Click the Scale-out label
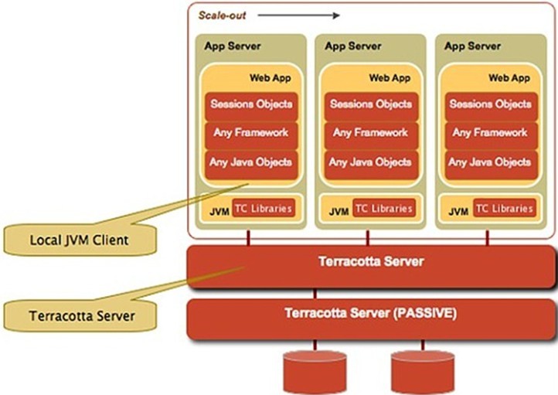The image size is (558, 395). (x=222, y=15)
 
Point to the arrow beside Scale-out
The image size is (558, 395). (x=298, y=15)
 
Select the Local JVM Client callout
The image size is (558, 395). (x=80, y=240)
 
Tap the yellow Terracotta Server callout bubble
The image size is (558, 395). (x=80, y=315)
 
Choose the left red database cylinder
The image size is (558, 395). (x=315, y=373)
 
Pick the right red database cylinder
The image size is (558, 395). (x=423, y=373)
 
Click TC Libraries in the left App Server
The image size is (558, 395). (x=264, y=208)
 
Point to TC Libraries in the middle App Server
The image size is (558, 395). (x=384, y=208)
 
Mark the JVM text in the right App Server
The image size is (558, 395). (x=458, y=212)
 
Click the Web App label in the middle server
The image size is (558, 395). (x=390, y=77)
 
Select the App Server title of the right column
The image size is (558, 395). (x=472, y=46)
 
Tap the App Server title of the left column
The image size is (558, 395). (x=233, y=46)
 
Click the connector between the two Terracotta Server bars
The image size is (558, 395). (x=315, y=294)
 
